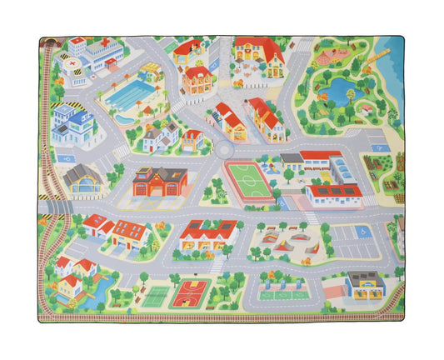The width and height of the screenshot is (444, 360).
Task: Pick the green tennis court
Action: [157, 293]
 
